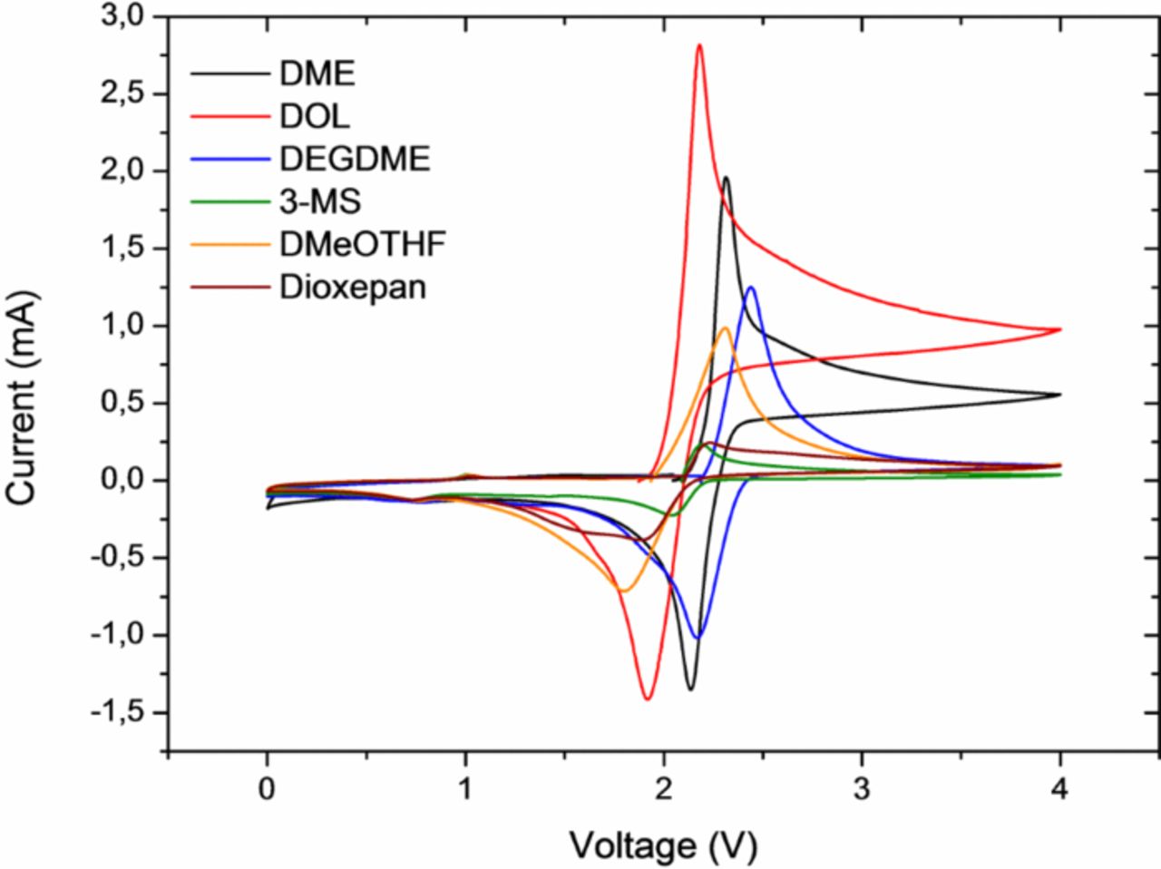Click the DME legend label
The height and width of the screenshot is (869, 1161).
(x=317, y=73)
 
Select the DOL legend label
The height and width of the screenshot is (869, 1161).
(x=315, y=116)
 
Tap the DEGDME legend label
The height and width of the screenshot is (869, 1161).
(x=355, y=159)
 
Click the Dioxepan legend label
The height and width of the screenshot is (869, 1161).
(x=353, y=288)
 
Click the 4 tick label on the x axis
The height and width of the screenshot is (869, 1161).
(x=1059, y=789)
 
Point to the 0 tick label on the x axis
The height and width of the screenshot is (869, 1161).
(x=267, y=789)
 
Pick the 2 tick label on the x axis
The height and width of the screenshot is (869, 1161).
(x=663, y=789)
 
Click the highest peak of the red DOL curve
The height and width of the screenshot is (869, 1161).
(x=699, y=44)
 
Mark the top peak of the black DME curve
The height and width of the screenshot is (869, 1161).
(x=726, y=178)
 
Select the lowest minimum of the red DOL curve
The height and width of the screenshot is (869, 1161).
(x=648, y=698)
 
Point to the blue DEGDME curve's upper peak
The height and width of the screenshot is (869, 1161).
(x=751, y=288)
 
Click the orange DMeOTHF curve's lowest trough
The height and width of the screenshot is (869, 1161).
(x=623, y=591)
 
